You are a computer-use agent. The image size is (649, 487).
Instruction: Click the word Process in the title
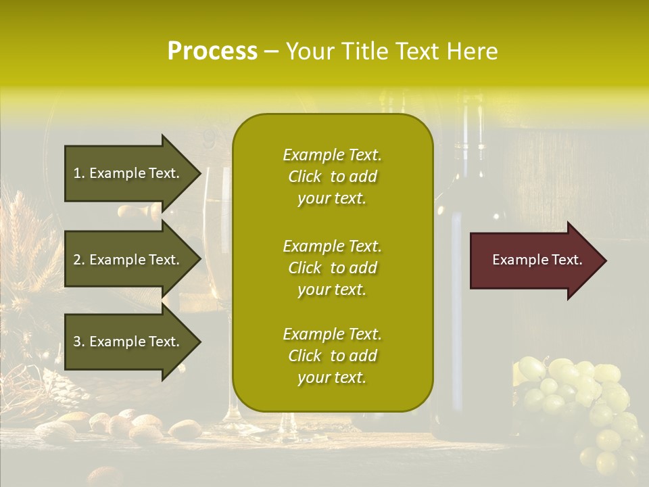point(212,51)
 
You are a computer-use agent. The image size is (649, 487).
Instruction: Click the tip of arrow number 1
point(199,173)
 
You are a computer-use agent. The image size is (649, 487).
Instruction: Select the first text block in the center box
point(332,177)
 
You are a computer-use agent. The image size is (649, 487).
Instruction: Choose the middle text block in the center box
point(332,268)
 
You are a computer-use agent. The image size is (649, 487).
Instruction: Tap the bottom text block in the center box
point(332,356)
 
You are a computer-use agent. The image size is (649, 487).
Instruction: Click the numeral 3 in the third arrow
point(77,342)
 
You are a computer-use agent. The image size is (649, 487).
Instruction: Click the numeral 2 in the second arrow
point(77,260)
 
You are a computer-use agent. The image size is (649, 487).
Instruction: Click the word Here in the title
point(475,51)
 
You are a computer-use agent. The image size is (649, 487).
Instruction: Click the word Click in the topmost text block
point(305,177)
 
